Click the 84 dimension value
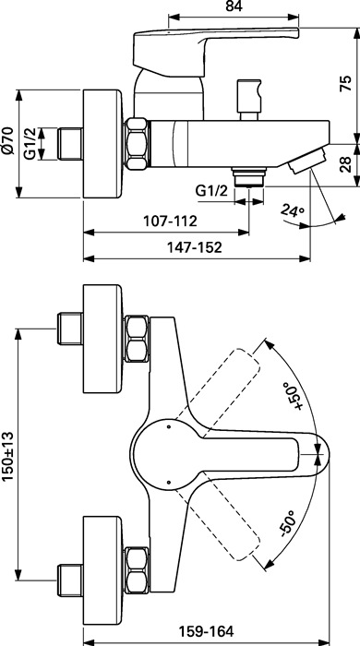coord(234,6)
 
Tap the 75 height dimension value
coord(346,84)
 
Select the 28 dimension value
coord(346,165)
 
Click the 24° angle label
coord(293,210)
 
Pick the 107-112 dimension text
coord(170,221)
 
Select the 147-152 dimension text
coord(195,247)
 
